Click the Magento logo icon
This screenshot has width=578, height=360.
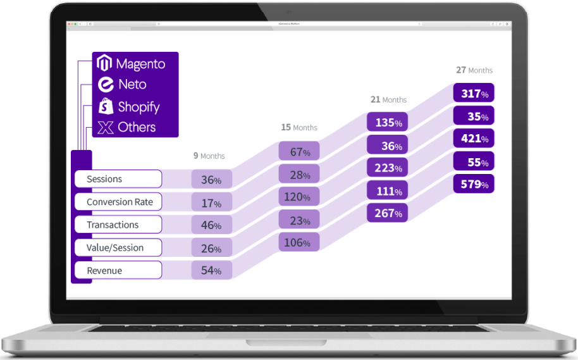point(105,63)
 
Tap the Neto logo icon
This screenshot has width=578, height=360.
point(106,84)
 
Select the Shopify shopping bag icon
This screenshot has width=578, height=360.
point(106,106)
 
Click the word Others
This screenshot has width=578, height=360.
point(137,127)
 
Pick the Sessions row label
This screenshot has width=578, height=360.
point(118,179)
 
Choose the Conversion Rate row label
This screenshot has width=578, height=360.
point(118,202)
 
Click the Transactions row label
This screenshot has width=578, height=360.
point(118,225)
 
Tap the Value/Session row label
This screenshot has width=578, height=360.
point(118,248)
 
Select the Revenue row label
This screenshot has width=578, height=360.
point(118,271)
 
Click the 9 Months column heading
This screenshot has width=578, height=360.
point(209,156)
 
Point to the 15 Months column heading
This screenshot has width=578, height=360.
point(299,127)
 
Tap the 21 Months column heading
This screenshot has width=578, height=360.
point(388,99)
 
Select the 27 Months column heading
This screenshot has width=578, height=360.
point(474,70)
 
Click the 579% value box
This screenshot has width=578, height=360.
point(474,184)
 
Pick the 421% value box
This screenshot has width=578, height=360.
point(474,139)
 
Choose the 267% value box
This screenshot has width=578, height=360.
point(388,213)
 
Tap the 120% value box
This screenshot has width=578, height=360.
point(299,196)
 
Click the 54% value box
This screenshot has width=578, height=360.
point(212,270)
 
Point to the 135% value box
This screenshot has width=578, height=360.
point(388,122)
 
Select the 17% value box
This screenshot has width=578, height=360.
point(212,203)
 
